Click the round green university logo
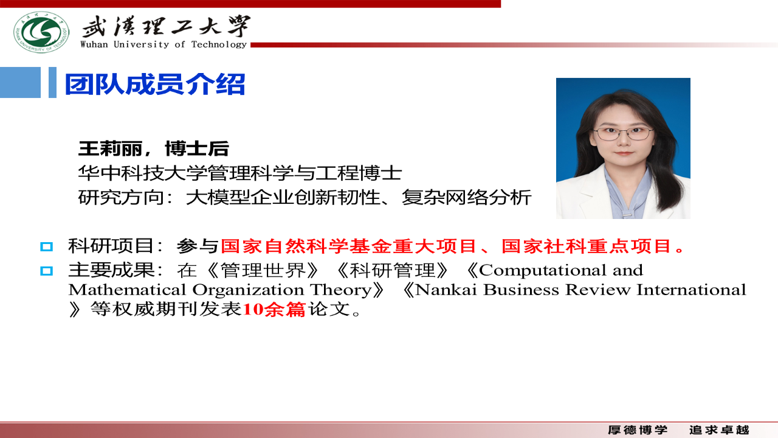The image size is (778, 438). tap(41, 32)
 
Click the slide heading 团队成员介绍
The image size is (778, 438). tap(155, 84)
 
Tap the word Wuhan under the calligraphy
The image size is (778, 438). tap(94, 44)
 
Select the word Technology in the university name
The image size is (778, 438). tap(219, 44)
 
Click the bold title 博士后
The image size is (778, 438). tap(197, 149)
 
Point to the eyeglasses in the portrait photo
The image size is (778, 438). tap(624, 133)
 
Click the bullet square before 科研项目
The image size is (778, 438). tap(47, 247)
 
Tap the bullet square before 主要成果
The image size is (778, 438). tap(47, 271)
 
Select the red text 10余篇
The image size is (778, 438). tap(274, 309)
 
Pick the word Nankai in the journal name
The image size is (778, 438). tap(446, 290)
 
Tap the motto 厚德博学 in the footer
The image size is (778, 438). tap(638, 430)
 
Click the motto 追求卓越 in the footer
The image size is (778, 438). tap(719, 430)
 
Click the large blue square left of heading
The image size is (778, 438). tap(20, 82)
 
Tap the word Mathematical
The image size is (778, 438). tap(127, 290)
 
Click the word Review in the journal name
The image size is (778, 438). tap(597, 290)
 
